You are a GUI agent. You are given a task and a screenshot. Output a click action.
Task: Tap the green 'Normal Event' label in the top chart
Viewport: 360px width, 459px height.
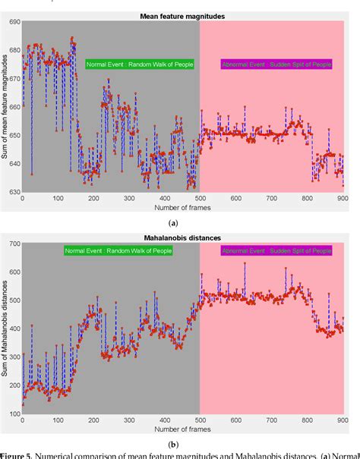[139, 64]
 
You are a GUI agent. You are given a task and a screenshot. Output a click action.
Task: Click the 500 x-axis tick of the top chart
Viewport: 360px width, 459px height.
[201, 199]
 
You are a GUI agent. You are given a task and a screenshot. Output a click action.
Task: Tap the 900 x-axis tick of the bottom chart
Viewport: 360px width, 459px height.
[343, 421]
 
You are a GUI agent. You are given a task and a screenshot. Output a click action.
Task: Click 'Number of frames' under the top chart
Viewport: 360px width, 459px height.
[183, 207]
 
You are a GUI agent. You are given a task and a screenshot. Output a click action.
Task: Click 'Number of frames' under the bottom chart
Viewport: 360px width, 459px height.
[183, 429]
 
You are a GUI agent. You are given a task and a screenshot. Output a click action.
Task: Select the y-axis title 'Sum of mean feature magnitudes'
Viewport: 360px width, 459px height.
[5, 106]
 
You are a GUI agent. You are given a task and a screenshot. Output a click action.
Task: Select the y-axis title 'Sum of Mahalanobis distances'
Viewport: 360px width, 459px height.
[5, 329]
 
